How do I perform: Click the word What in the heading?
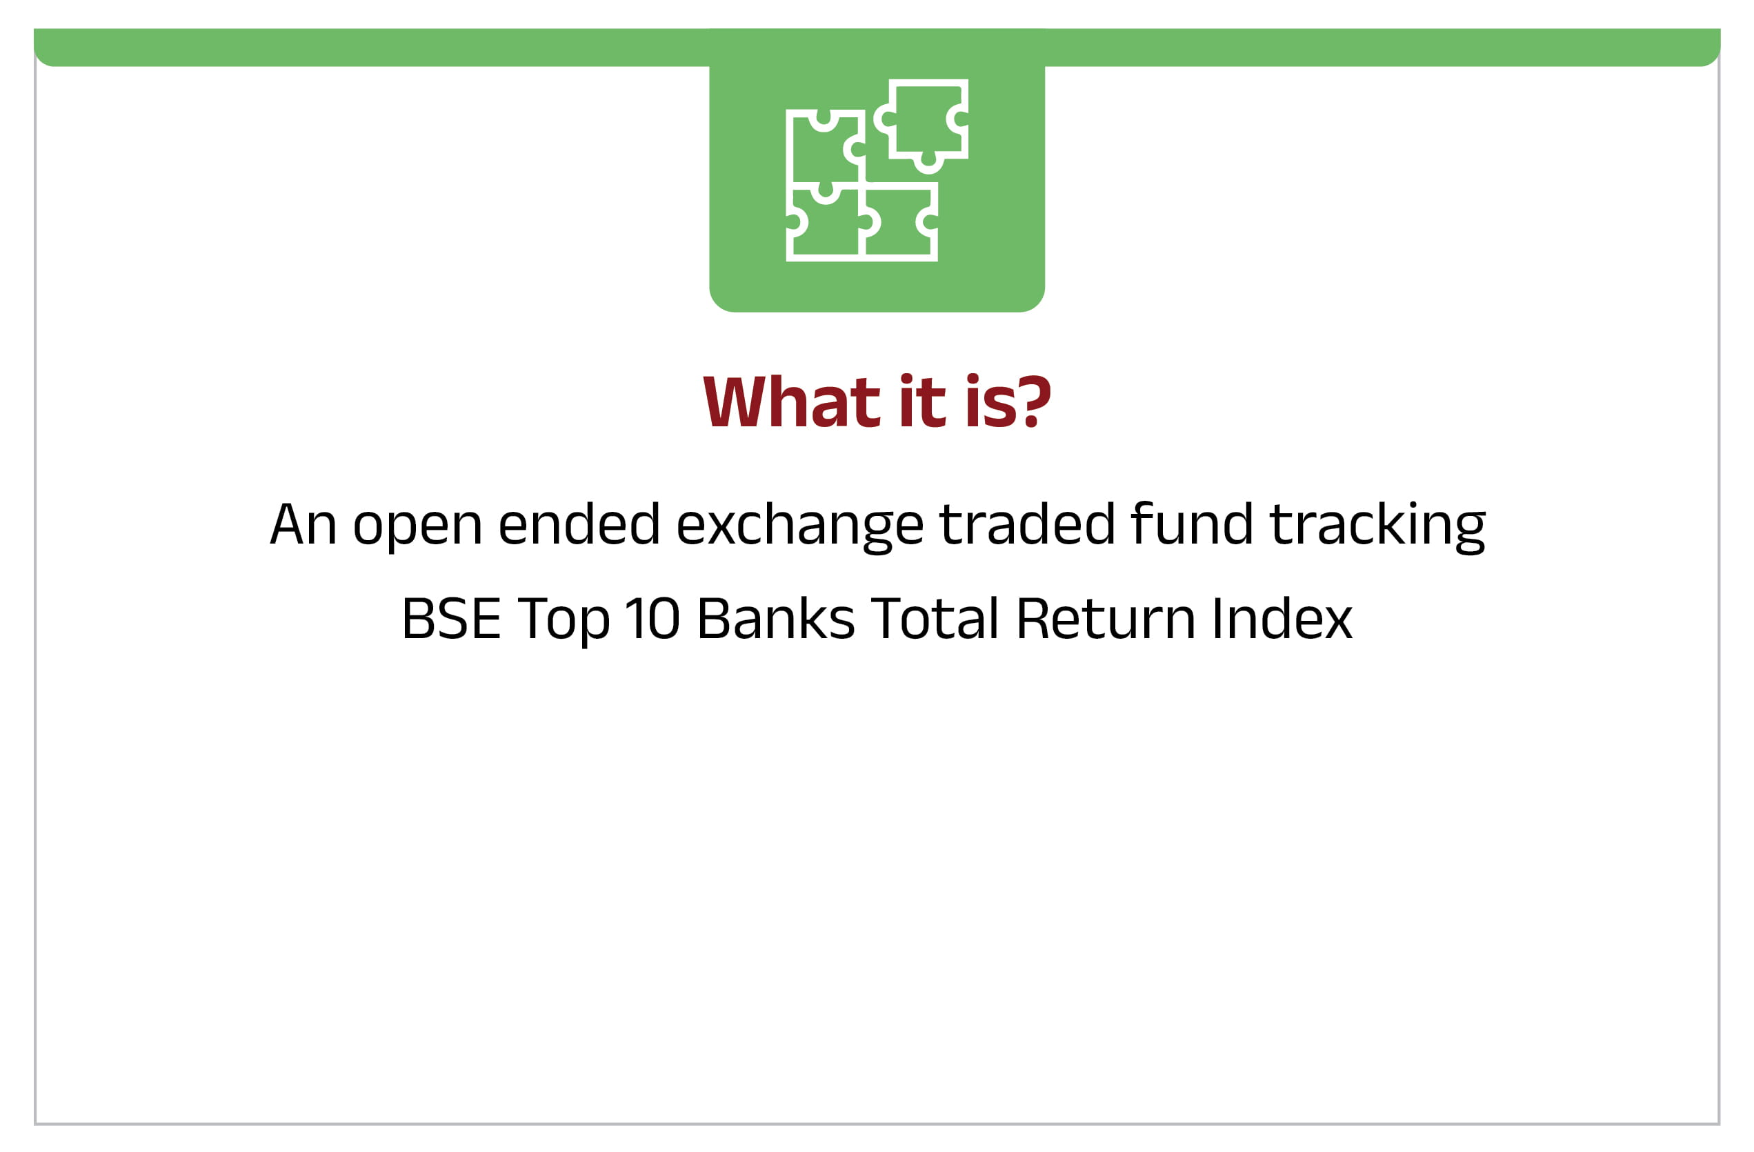click(x=792, y=401)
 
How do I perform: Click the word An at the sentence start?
click(x=303, y=524)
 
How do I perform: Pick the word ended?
click(x=579, y=523)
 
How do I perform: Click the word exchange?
click(x=799, y=527)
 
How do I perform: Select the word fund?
click(x=1192, y=523)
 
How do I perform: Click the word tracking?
click(x=1377, y=527)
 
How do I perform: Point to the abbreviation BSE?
click(x=451, y=617)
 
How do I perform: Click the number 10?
click(x=653, y=617)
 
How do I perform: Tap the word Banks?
click(x=776, y=617)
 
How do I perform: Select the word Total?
click(x=935, y=617)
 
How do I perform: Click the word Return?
click(x=1106, y=617)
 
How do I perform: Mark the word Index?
click(x=1282, y=617)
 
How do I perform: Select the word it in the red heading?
click(x=923, y=401)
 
